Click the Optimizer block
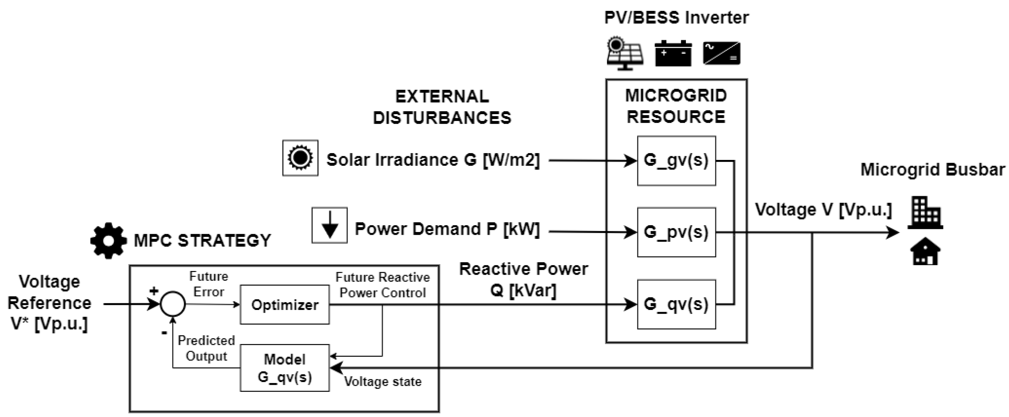pyautogui.click(x=284, y=305)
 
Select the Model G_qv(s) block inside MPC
pyautogui.click(x=284, y=368)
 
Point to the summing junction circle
pyautogui.click(x=173, y=304)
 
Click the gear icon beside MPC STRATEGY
pyautogui.click(x=109, y=240)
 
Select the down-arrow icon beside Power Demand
pyautogui.click(x=329, y=225)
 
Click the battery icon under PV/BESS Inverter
pyautogui.click(x=673, y=53)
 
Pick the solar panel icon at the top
pyautogui.click(x=624, y=54)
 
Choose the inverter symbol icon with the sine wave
pyautogui.click(x=721, y=53)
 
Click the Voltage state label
pyautogui.click(x=383, y=381)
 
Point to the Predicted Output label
pyautogui.click(x=206, y=348)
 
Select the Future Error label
pyautogui.click(x=208, y=284)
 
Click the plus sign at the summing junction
pyautogui.click(x=154, y=291)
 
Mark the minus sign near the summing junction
pyautogui.click(x=164, y=333)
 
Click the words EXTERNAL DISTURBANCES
pyautogui.click(x=442, y=107)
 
